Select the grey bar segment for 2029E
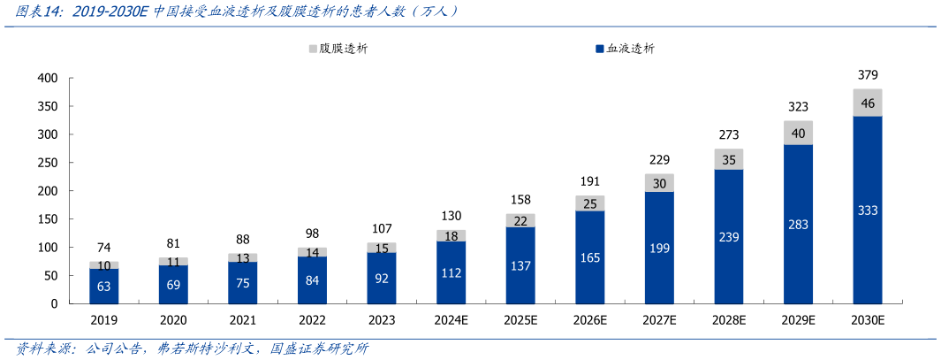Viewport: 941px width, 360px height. (x=798, y=133)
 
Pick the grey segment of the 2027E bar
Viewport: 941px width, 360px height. (x=659, y=183)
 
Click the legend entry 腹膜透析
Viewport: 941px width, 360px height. (x=338, y=49)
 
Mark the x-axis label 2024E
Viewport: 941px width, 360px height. (x=451, y=321)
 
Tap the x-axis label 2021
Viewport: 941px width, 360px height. (x=243, y=321)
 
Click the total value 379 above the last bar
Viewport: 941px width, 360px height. (x=867, y=75)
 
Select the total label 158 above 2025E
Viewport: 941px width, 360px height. (x=520, y=200)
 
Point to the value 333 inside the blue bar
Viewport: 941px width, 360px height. (x=867, y=210)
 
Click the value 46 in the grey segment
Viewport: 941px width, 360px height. (x=867, y=103)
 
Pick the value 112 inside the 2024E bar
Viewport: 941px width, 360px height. (x=451, y=272)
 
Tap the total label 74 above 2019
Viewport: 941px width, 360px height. (x=104, y=248)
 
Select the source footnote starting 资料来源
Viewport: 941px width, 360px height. (x=191, y=349)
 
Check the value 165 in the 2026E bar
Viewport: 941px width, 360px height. (x=589, y=257)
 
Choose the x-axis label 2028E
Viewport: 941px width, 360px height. (x=728, y=321)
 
